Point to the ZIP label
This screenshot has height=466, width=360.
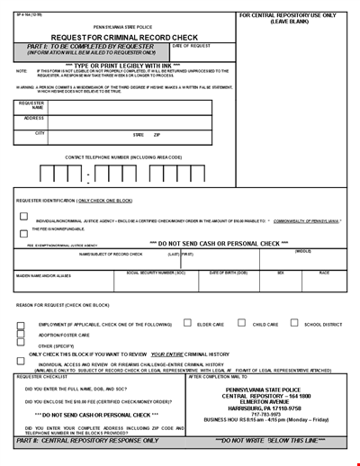point(157,134)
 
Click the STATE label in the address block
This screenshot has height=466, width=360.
point(138,134)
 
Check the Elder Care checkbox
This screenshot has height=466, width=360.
point(186,322)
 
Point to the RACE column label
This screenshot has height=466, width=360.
point(323,271)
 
